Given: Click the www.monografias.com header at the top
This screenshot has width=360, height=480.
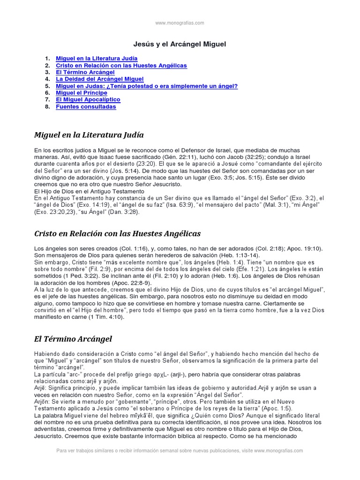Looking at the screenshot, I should click(x=180, y=22).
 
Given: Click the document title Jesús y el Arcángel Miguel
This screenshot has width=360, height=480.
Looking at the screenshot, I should click(x=180, y=44).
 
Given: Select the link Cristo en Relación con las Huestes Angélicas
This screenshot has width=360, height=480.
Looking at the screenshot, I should click(x=121, y=65).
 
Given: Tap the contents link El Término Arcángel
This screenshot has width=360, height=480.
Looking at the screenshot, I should click(x=85, y=72).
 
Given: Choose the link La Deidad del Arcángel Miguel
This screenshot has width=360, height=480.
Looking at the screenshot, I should click(x=99, y=79).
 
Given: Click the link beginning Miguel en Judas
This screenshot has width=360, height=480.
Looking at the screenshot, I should click(x=147, y=86).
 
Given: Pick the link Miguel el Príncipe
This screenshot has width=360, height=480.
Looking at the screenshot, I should click(x=82, y=93).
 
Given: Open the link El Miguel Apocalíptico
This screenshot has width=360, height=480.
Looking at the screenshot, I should click(x=88, y=100).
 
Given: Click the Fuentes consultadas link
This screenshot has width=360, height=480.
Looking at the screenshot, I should click(x=86, y=107).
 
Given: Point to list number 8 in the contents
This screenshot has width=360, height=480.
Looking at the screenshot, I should click(x=47, y=107).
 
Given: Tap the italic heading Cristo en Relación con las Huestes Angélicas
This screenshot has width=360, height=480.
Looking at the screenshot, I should click(x=118, y=233).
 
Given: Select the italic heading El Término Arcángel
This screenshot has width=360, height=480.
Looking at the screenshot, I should click(x=73, y=338).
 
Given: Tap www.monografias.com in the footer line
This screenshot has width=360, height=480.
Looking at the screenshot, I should click(x=279, y=450).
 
